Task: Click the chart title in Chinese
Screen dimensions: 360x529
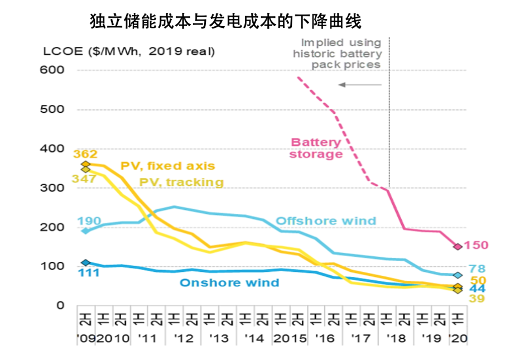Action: (x=226, y=22)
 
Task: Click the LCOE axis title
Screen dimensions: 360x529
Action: (x=128, y=51)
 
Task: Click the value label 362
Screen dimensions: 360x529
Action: (x=85, y=154)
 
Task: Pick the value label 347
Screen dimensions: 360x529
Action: (x=85, y=179)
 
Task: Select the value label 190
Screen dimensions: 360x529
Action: (x=89, y=221)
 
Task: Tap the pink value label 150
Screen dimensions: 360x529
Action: (x=477, y=245)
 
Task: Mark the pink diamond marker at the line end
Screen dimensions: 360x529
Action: (x=458, y=246)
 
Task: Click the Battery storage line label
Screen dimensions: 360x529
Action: (x=315, y=148)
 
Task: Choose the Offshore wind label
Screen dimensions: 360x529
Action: (x=326, y=220)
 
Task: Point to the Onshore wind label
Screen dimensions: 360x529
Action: (x=229, y=282)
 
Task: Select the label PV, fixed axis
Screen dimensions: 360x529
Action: (x=167, y=166)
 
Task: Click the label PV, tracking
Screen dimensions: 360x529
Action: (x=181, y=182)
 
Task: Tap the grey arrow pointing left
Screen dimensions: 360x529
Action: (x=359, y=85)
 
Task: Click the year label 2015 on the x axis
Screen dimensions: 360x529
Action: (x=290, y=338)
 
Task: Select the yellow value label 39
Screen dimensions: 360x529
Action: (x=476, y=299)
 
